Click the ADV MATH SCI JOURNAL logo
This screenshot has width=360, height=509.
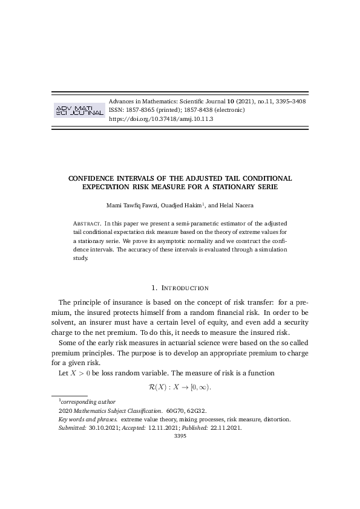tap(79, 109)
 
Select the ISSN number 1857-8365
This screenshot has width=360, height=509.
tap(141, 111)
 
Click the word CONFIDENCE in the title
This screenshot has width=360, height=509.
tap(96, 178)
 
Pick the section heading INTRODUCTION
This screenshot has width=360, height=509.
tap(184, 288)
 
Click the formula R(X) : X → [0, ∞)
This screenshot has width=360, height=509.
tap(180, 386)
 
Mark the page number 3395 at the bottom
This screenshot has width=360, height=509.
tap(180, 435)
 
